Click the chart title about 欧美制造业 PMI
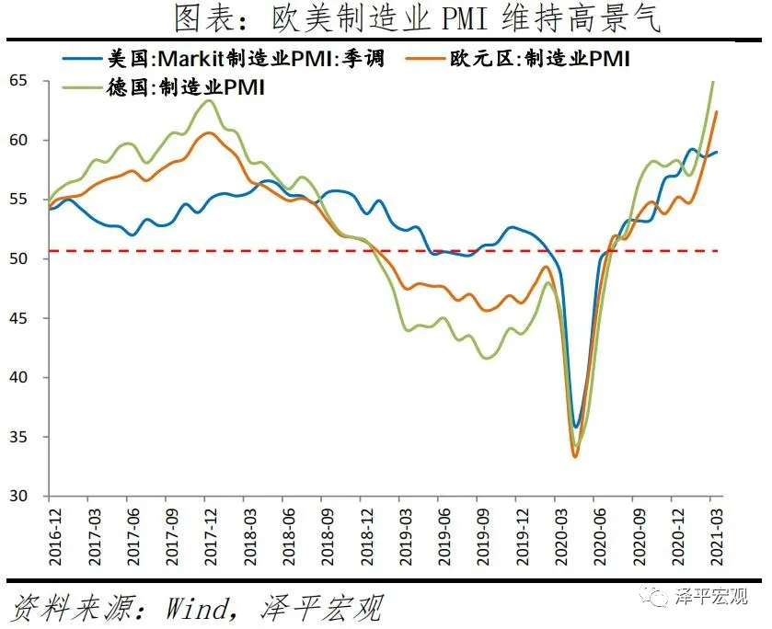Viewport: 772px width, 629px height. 417,18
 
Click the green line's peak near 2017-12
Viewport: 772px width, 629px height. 209,100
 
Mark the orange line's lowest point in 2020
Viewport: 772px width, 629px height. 575,457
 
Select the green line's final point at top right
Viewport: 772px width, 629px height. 714,82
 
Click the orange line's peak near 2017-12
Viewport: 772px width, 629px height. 209,132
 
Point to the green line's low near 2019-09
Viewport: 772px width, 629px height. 485,358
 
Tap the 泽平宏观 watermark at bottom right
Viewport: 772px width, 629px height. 714,596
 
